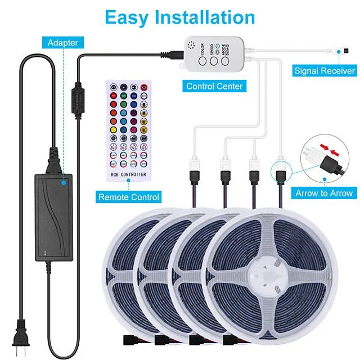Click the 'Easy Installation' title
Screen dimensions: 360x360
click(x=180, y=17)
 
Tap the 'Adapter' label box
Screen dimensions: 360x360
click(x=63, y=43)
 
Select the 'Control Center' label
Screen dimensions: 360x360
click(x=214, y=87)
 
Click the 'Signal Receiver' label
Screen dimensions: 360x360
click(x=325, y=71)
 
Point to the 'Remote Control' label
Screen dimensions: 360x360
click(x=129, y=197)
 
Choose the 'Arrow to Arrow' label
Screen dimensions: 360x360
click(x=324, y=193)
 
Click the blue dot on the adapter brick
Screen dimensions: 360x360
click(x=64, y=182)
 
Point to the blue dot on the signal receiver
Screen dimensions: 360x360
click(x=339, y=51)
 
